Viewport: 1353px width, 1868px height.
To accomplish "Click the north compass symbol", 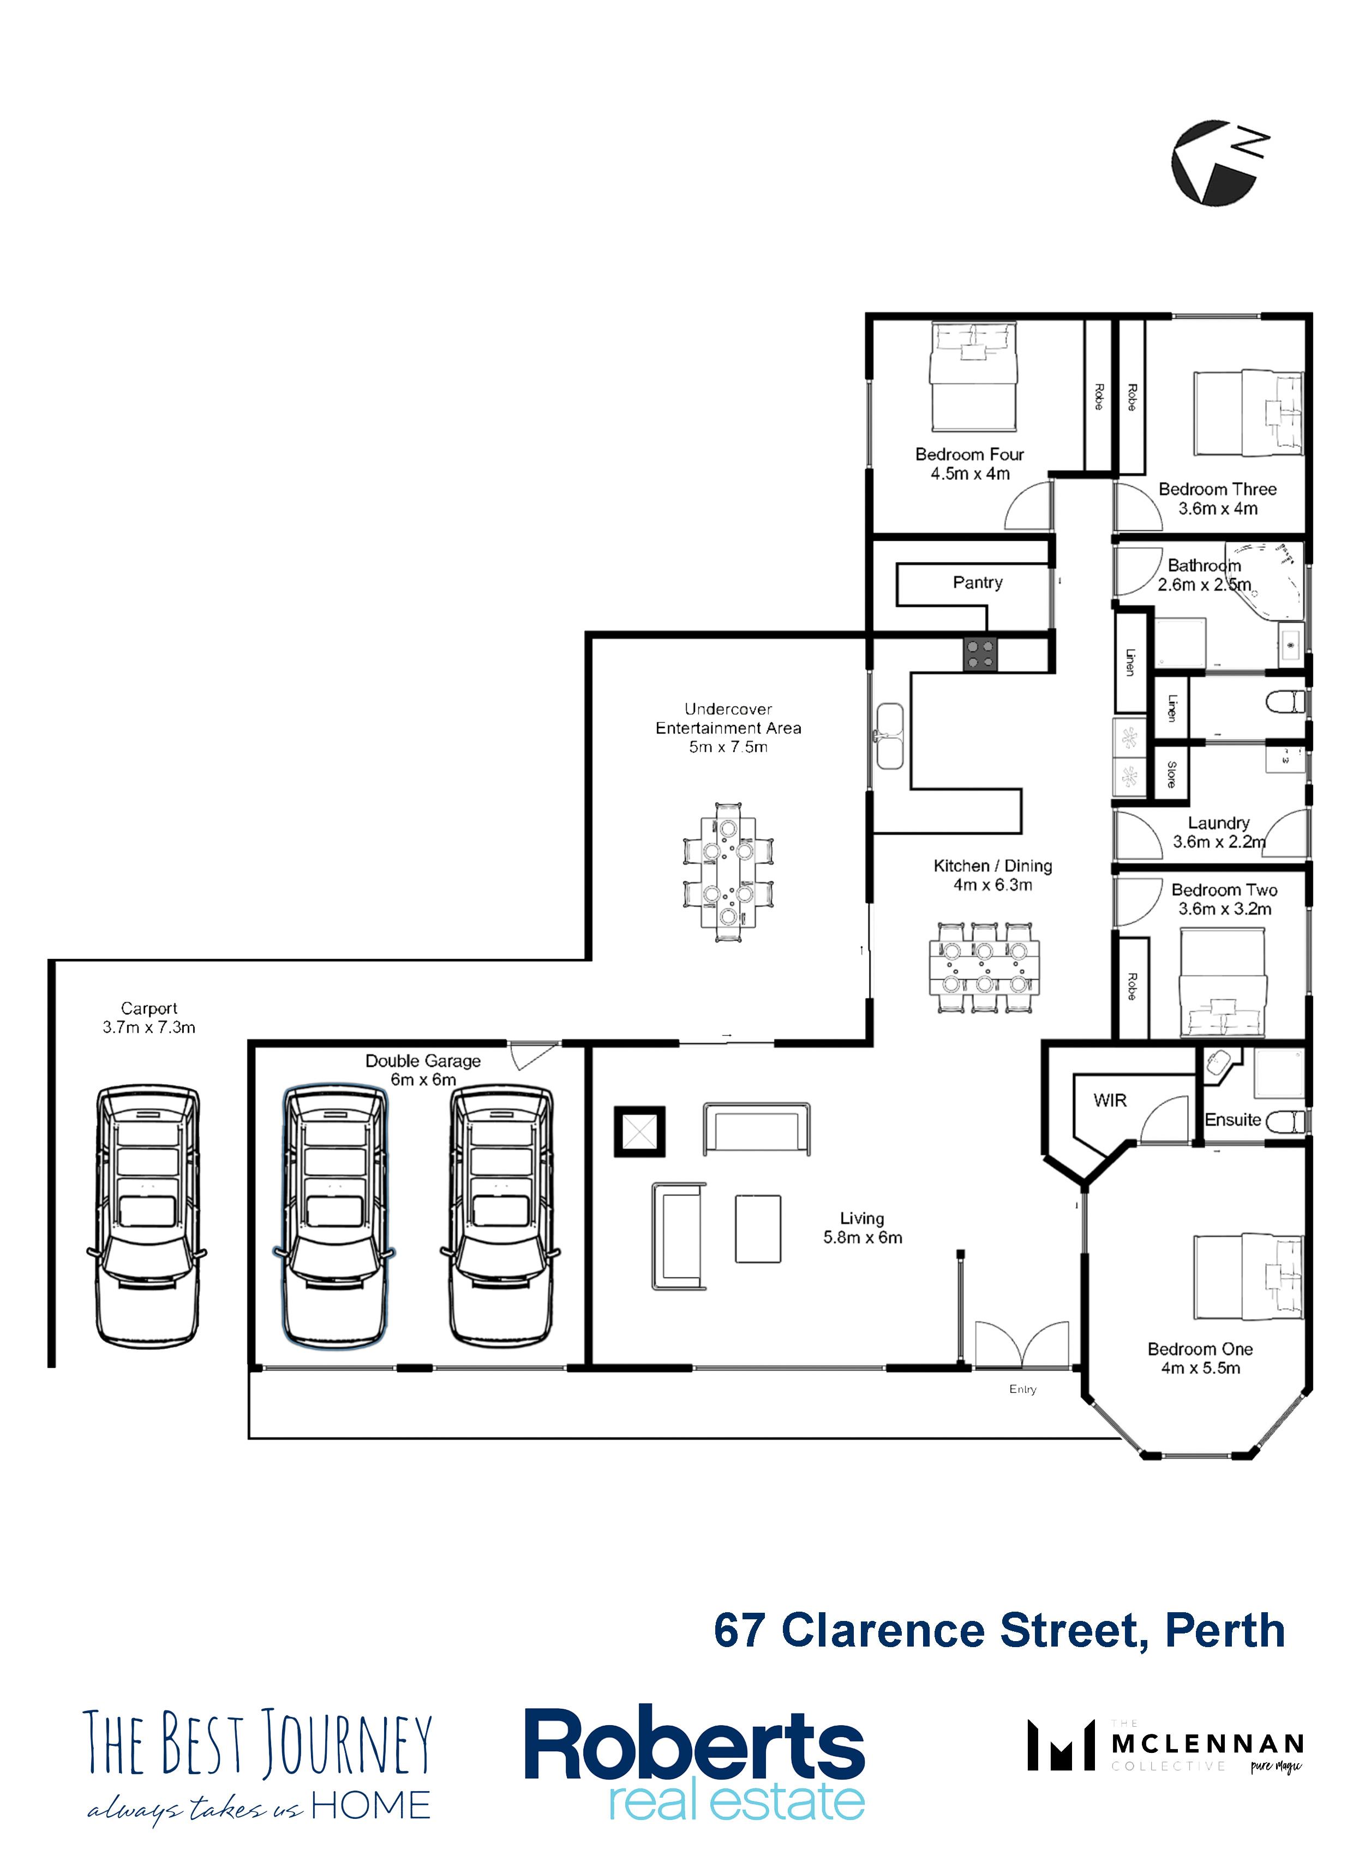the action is (1218, 161).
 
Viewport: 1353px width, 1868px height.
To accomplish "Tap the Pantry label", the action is (977, 582).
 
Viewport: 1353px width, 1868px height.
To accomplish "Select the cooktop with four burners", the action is (979, 653).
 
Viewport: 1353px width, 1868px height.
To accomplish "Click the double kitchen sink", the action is (889, 736).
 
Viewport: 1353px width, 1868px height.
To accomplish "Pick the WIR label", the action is (1109, 1101).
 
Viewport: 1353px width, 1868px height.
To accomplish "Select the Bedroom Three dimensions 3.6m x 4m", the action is (1218, 509).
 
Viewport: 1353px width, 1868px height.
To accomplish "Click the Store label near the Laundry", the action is (1171, 774).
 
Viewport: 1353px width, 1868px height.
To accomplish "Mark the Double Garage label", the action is (423, 1061).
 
